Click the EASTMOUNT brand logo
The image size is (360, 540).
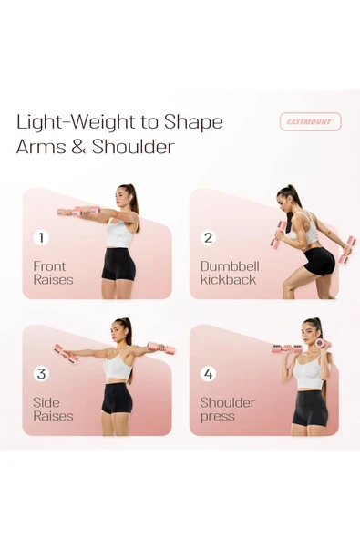point(311,121)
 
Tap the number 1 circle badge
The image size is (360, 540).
point(41,238)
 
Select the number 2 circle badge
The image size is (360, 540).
point(208,238)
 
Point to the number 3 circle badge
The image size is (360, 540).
point(41,374)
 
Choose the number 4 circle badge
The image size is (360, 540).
point(208,374)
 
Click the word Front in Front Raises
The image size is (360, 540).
point(49,266)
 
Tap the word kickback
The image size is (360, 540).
point(228,280)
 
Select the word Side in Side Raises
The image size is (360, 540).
point(46,402)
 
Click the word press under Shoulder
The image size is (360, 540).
point(218,417)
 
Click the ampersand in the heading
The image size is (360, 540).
point(78,147)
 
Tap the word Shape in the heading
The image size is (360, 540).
point(193,123)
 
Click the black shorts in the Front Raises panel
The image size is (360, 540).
point(118,264)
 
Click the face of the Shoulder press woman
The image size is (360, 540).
point(308,332)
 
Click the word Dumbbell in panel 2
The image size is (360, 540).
point(230,266)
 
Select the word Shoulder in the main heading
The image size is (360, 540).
point(133,147)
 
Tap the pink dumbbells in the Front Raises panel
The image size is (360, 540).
point(78,211)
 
